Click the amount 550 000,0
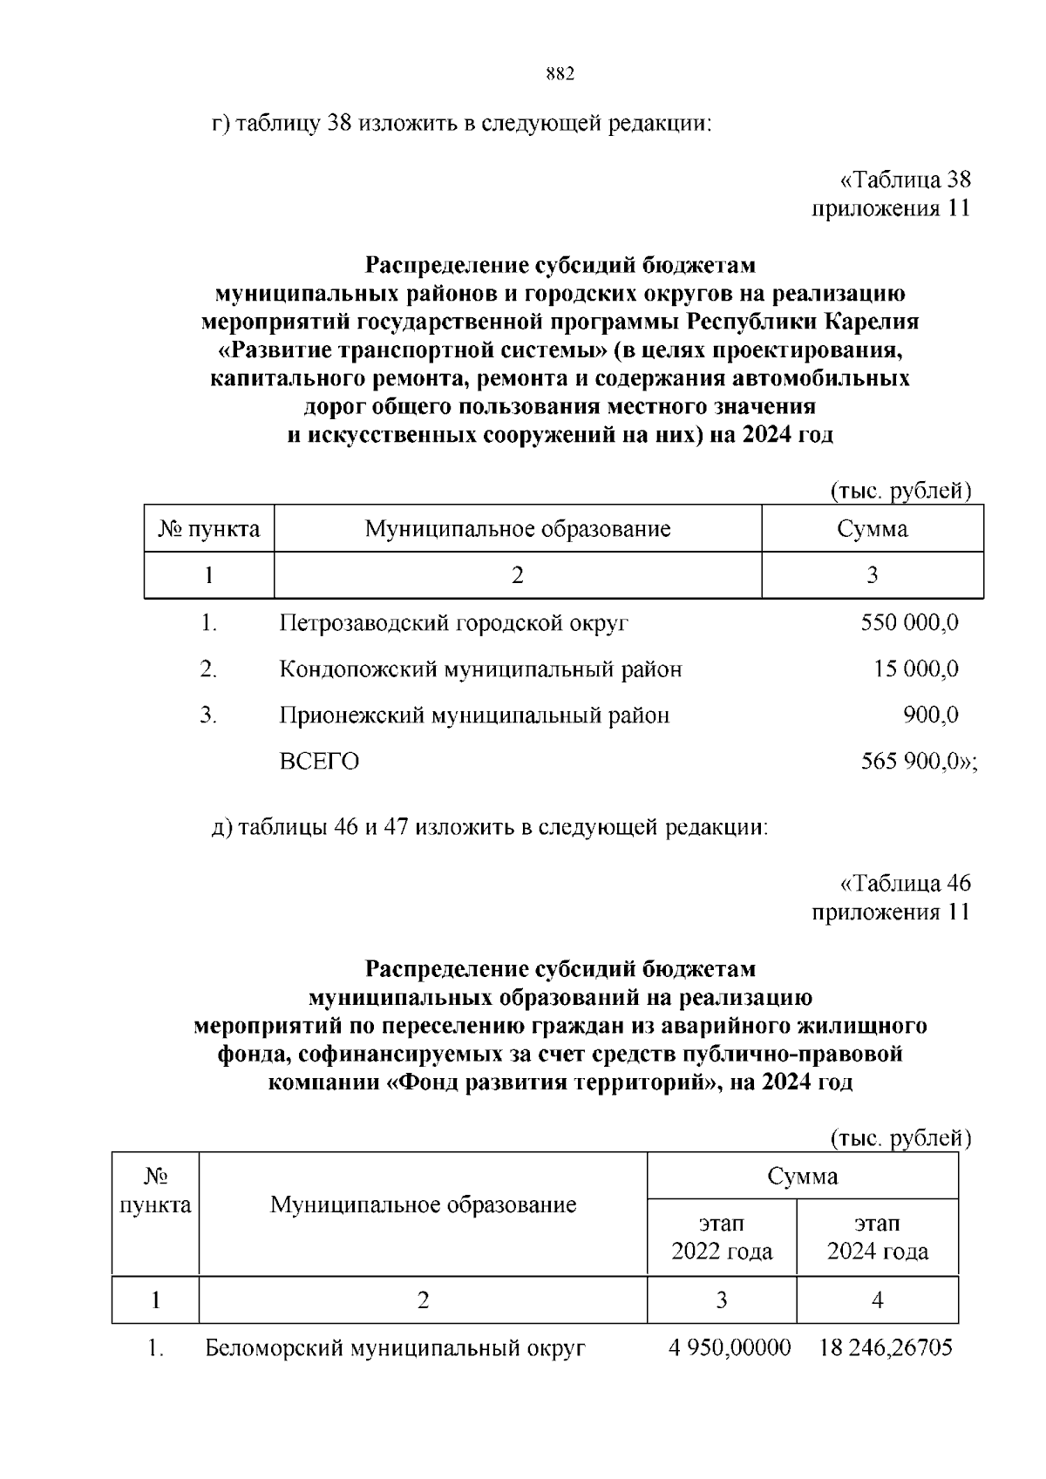tap(909, 623)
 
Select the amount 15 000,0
tap(916, 669)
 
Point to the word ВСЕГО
tap(319, 762)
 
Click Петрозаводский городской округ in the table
tap(453, 623)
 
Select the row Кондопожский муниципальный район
tap(480, 669)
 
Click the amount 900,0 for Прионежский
tap(930, 716)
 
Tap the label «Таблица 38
tap(905, 180)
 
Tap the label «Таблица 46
tap(905, 884)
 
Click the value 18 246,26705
tap(886, 1348)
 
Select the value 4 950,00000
tap(730, 1348)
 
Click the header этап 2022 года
tap(722, 1238)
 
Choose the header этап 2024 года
tap(877, 1238)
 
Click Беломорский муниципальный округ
tap(395, 1348)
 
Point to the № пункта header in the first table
tap(209, 529)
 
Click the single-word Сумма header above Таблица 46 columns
tap(802, 1177)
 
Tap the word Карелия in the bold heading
tap(872, 322)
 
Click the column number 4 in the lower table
tap(877, 1300)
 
